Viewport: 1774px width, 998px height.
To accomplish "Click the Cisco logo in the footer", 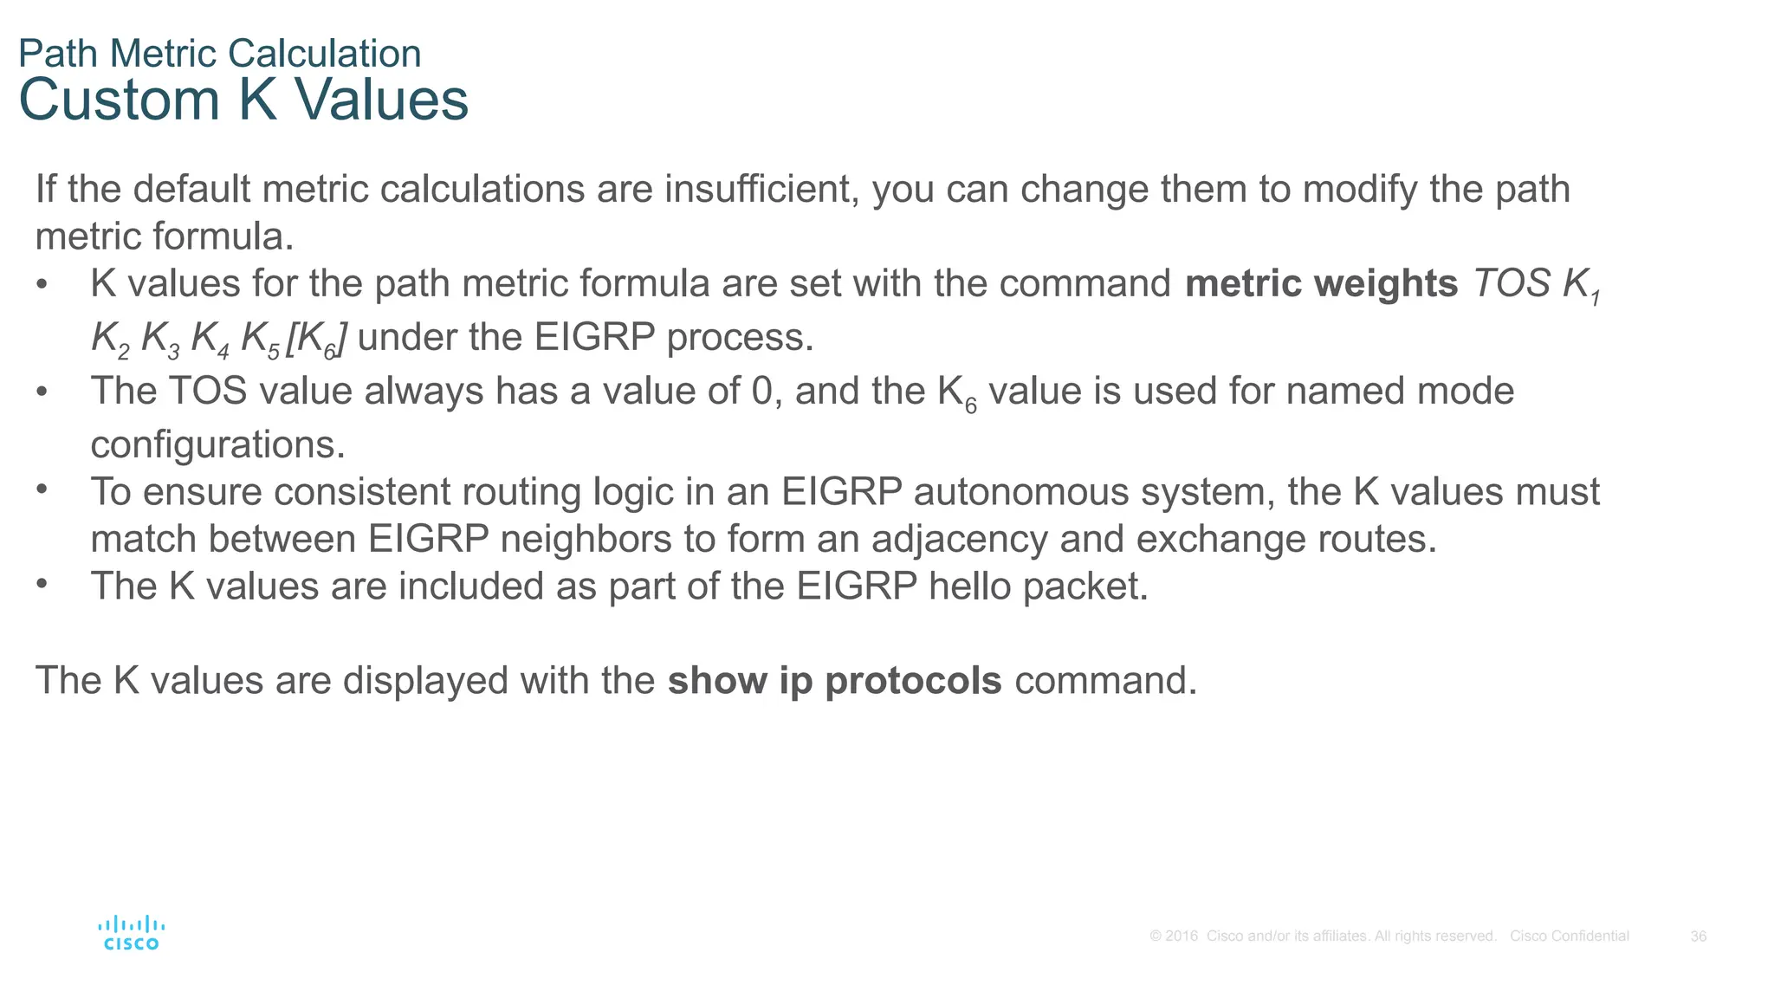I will click(x=131, y=933).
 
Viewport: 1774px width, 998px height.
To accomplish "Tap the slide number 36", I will click(x=1698, y=936).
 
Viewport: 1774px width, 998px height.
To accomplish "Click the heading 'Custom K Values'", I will click(x=243, y=100).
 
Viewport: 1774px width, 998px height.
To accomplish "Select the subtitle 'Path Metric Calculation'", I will click(x=220, y=54).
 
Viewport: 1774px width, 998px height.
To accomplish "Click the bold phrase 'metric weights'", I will click(x=1321, y=284).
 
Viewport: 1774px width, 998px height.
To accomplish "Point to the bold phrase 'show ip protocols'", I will click(x=834, y=681).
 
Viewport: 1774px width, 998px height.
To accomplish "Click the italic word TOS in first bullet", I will click(x=1512, y=284).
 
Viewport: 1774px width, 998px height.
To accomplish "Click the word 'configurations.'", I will click(x=218, y=445).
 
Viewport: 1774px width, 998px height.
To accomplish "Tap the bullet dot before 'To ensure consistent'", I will click(x=42, y=489).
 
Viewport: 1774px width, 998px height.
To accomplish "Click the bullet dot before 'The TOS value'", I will click(x=42, y=392).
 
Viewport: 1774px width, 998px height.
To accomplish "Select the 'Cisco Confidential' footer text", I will click(x=1569, y=936).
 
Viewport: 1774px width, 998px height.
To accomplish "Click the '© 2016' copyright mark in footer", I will click(x=1174, y=936).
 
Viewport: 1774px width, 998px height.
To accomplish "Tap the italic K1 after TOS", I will click(x=1582, y=286).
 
